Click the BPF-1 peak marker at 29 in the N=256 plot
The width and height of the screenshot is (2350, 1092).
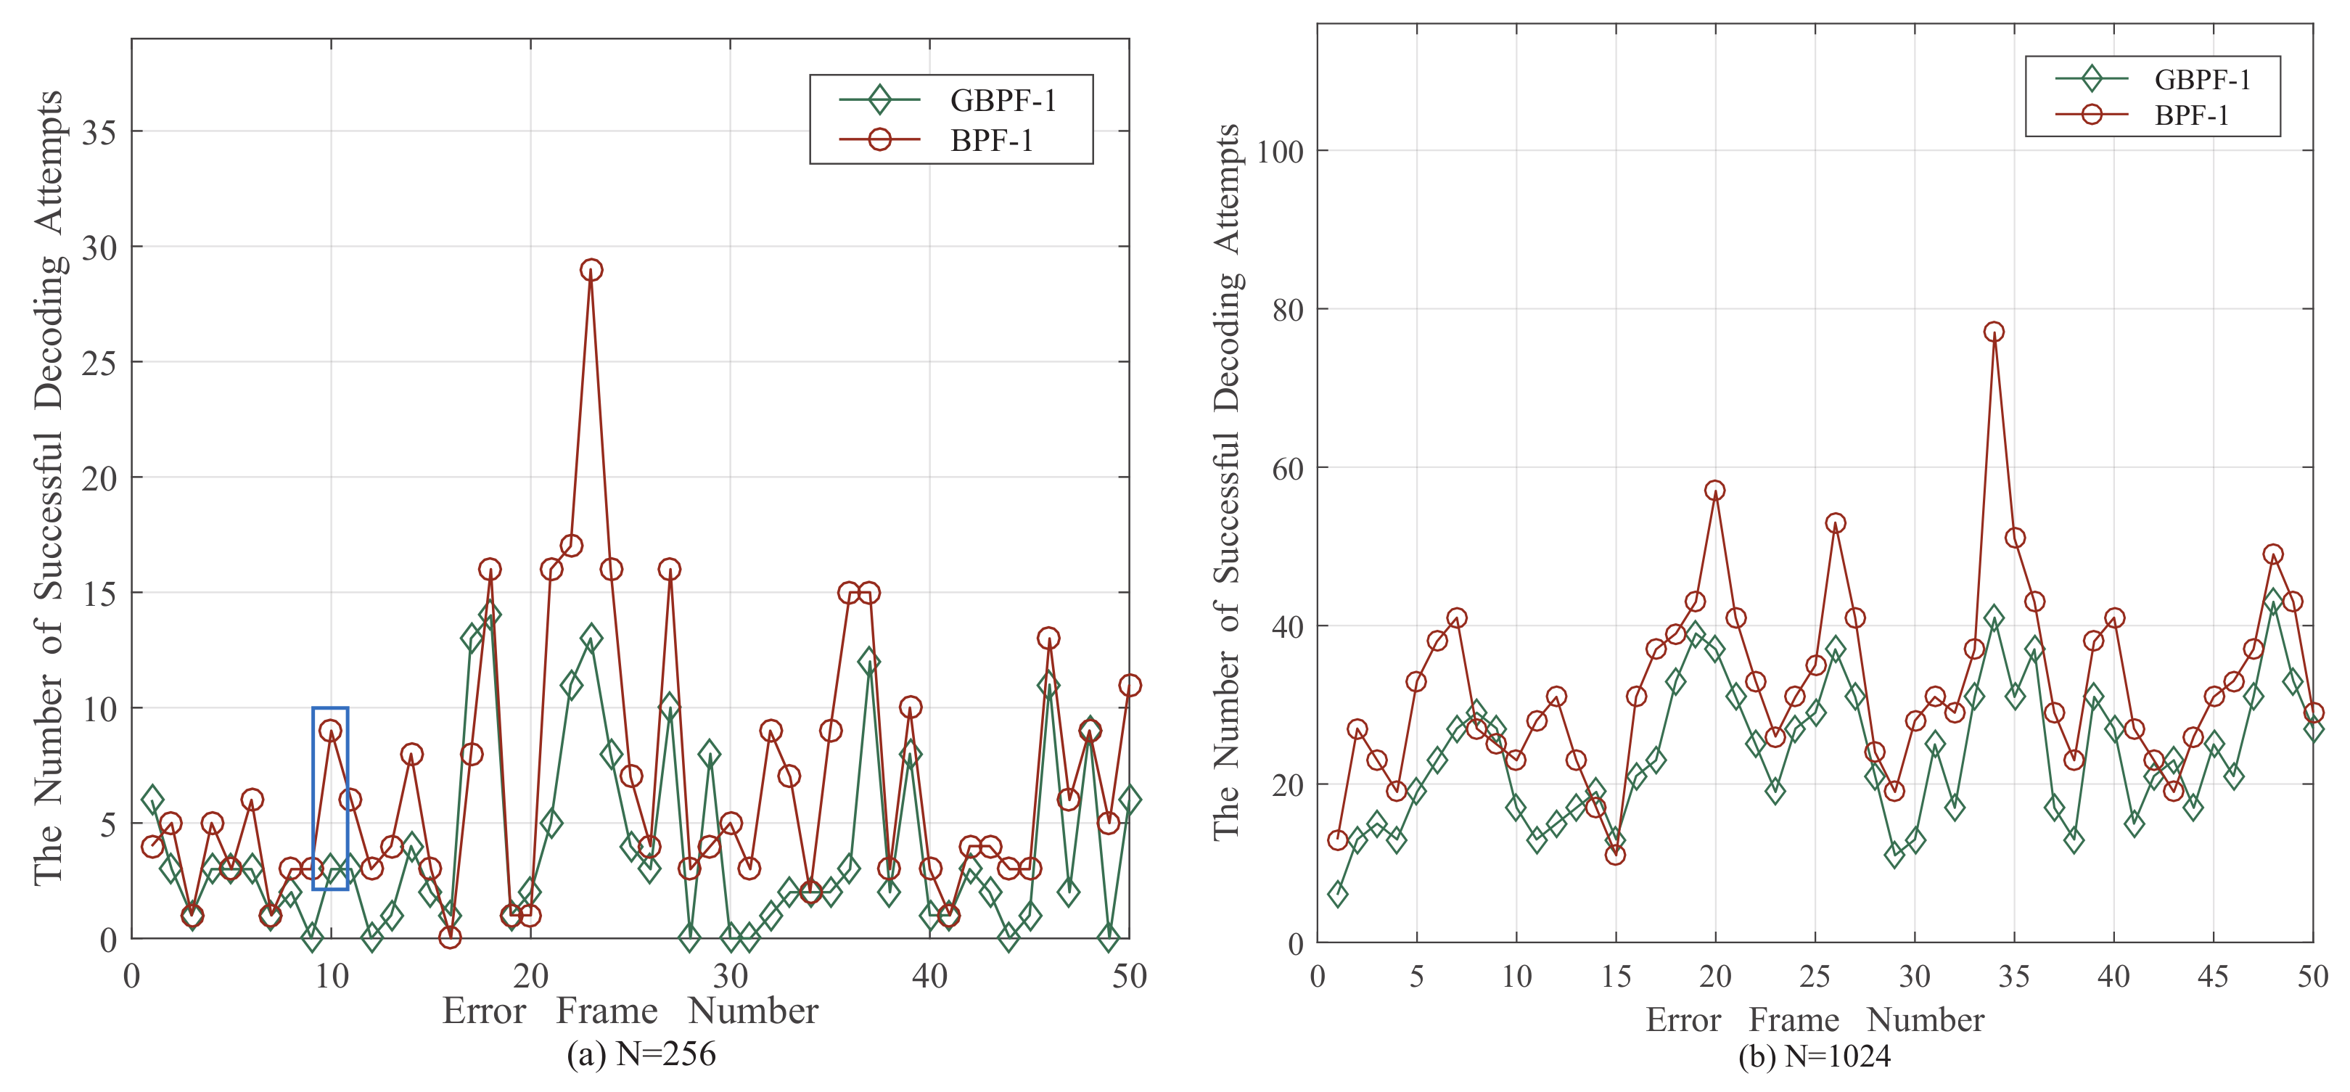pos(591,270)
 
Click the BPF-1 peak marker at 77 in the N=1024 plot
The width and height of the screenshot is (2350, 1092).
pos(1994,332)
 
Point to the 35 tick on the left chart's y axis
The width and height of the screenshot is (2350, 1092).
pos(99,132)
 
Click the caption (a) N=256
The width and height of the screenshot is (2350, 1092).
pos(641,1054)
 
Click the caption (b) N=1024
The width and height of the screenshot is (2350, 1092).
pos(1815,1056)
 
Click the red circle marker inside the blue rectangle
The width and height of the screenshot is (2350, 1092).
pos(330,730)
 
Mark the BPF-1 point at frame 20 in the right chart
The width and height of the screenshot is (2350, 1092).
pos(1715,490)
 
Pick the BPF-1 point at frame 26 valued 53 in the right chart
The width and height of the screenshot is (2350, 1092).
pos(1836,522)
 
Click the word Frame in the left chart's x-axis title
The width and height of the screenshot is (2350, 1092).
pos(607,1011)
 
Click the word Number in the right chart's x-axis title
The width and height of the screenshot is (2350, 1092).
pos(1926,1020)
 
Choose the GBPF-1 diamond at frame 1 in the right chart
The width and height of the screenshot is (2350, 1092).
pos(1337,894)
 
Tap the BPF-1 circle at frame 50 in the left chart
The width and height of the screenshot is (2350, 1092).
pos(1130,685)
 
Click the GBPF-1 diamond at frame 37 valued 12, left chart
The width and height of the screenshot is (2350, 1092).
pos(869,662)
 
